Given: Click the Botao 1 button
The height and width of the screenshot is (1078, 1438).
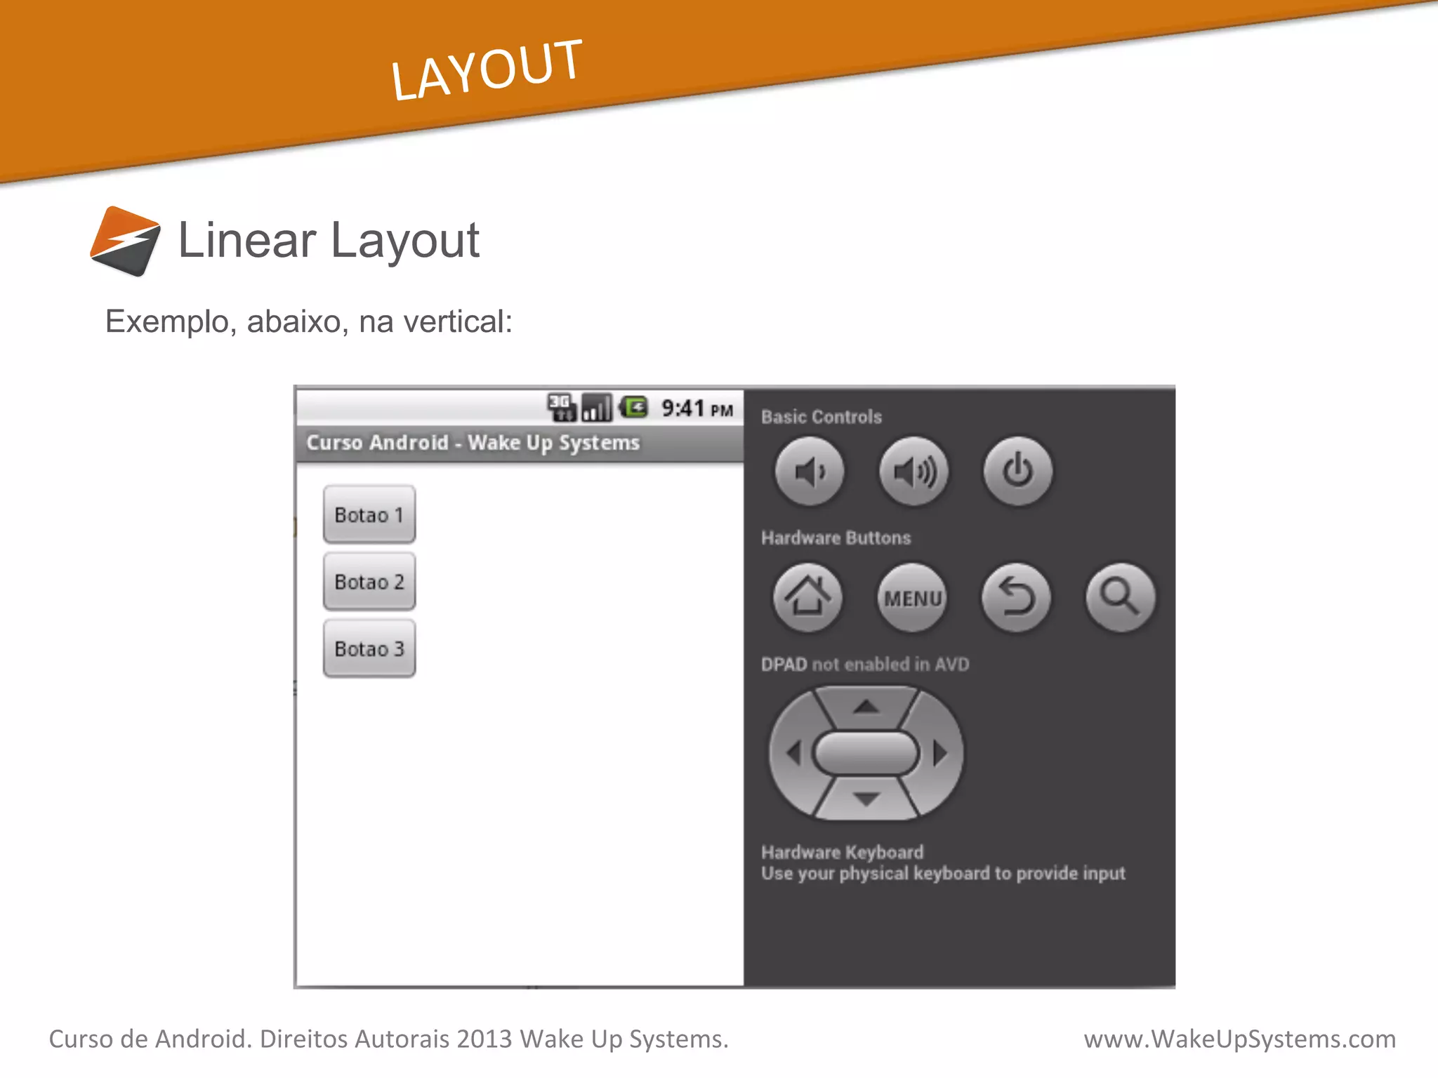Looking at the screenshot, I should [369, 514].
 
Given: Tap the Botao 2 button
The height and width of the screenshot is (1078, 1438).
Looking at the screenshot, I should [369, 582].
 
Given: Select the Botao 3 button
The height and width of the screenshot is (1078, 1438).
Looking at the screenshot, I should [369, 648].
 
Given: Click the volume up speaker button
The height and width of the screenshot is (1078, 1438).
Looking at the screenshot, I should [913, 472].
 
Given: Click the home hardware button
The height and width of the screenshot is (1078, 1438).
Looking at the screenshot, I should [808, 597].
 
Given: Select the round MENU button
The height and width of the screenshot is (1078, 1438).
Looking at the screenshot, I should [912, 598].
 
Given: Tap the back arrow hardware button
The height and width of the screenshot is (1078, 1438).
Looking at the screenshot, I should [1016, 598].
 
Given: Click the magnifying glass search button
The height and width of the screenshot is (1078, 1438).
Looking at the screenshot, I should [1120, 598].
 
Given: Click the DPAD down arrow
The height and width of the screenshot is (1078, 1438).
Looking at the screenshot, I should [866, 799].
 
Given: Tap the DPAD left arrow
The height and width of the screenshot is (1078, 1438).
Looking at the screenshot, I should [794, 754].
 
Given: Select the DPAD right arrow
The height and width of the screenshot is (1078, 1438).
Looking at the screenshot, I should [940, 754].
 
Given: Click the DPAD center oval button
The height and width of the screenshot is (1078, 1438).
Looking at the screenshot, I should [866, 753].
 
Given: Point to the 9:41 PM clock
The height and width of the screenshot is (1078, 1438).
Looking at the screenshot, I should [697, 408].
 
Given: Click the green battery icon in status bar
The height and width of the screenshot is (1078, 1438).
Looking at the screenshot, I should [635, 407].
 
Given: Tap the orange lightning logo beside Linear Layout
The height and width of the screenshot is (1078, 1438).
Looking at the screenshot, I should [126, 241].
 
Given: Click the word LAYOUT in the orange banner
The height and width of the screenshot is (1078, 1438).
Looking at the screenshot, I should [486, 70].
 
